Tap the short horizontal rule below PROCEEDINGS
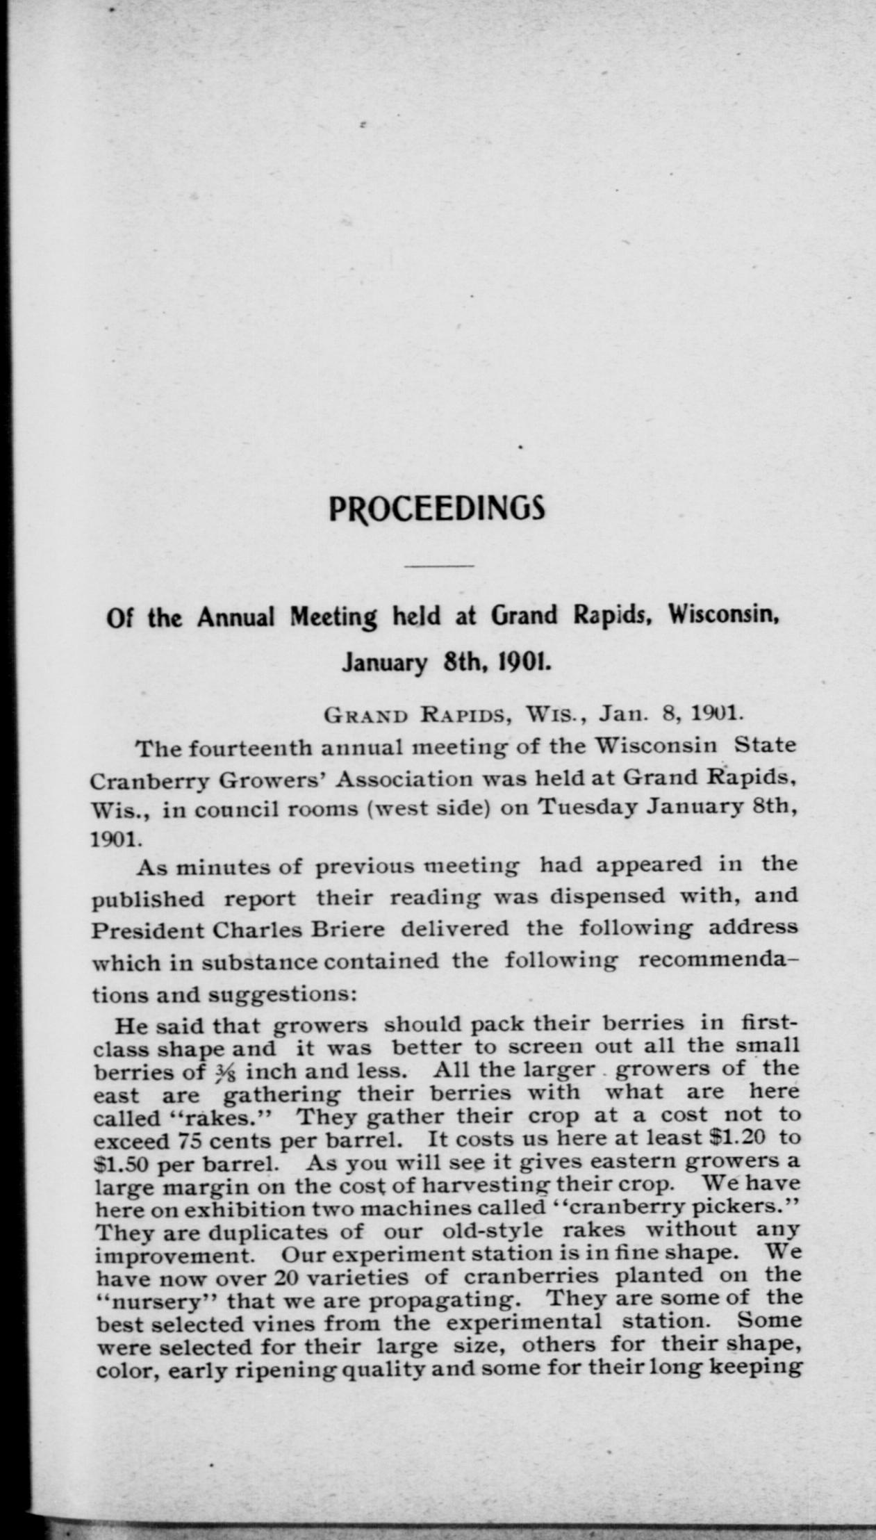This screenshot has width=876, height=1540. click(x=438, y=566)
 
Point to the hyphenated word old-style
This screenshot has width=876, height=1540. click(x=493, y=1231)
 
